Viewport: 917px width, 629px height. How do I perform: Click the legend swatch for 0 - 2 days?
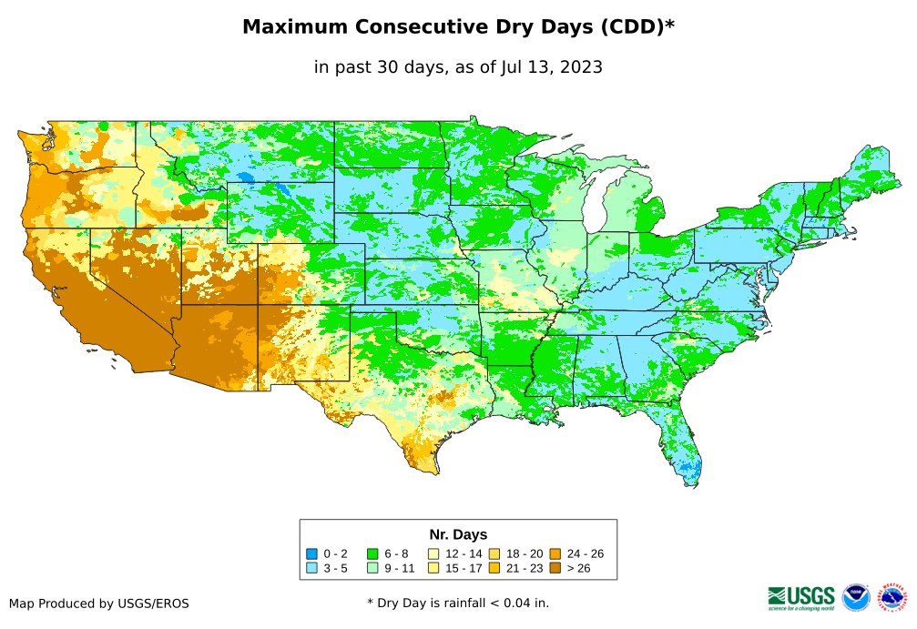[x=311, y=553]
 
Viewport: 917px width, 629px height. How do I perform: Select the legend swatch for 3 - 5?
[x=311, y=569]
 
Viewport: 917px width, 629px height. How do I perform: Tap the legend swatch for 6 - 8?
[x=372, y=553]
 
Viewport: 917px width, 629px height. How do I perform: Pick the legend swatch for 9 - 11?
[x=372, y=569]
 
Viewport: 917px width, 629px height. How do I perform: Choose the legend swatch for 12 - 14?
[x=434, y=553]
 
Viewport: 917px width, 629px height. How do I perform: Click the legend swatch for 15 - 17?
[x=434, y=569]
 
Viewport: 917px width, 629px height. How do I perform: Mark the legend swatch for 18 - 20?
[x=494, y=553]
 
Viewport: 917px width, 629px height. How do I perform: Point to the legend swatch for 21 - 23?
[x=494, y=569]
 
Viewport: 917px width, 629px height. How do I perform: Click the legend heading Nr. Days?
[x=458, y=534]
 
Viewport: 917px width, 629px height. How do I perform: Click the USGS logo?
[x=801, y=597]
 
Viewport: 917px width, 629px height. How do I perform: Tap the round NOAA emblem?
[x=856, y=598]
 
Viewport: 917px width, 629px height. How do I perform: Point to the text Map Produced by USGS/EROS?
[x=99, y=604]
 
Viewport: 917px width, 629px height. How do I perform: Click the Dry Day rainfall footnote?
[x=458, y=603]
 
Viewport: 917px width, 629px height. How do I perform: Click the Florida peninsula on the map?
[x=684, y=451]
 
